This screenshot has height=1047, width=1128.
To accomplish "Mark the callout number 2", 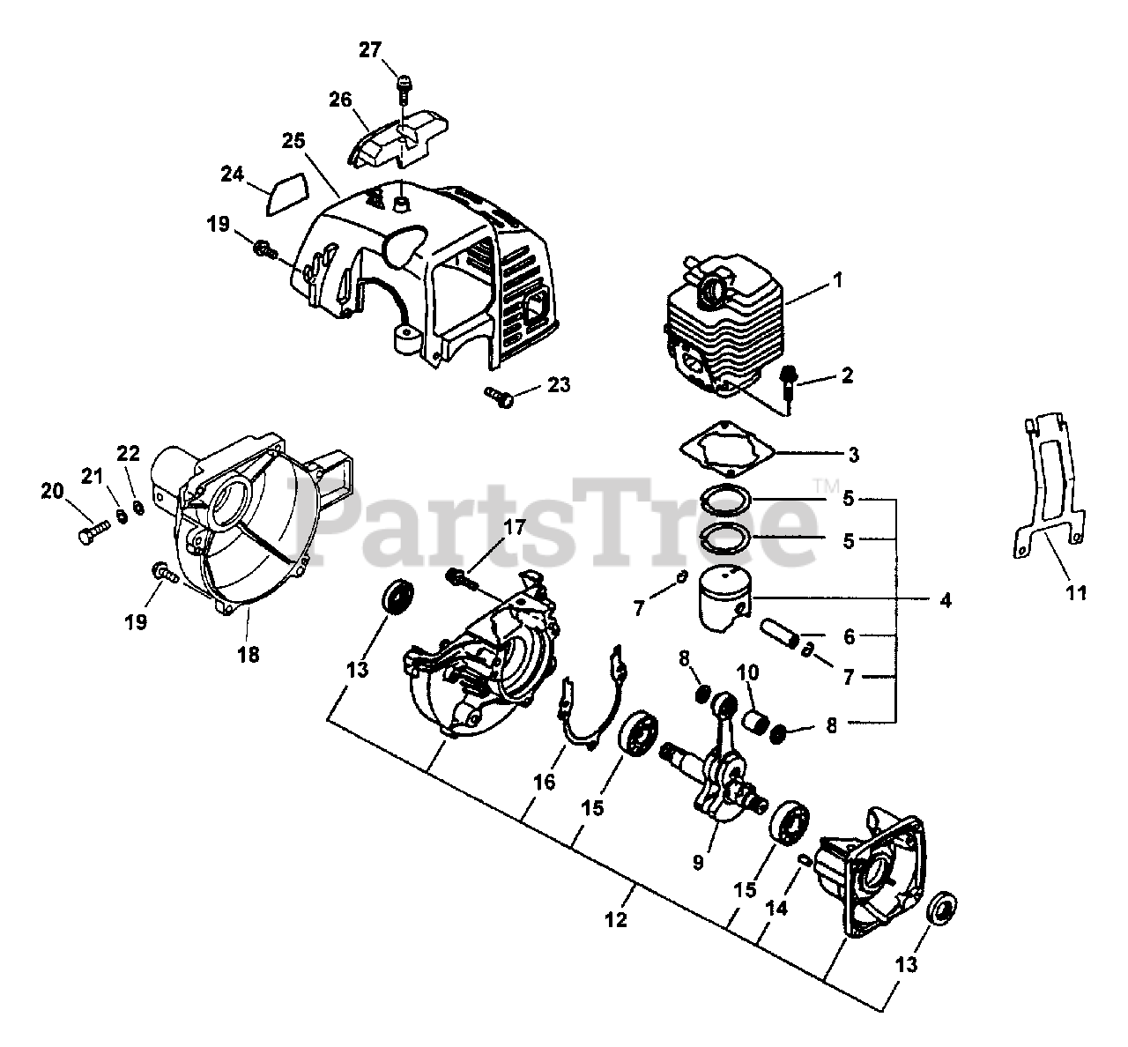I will [x=847, y=375].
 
